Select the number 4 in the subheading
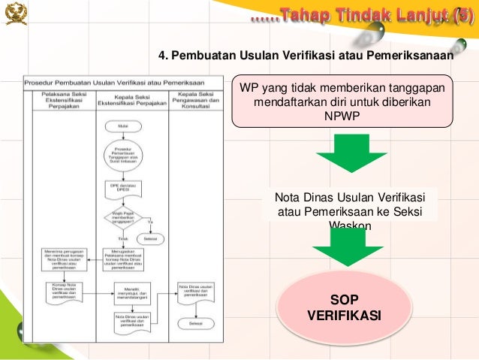[x=161, y=56]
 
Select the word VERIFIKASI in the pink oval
[x=345, y=316]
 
